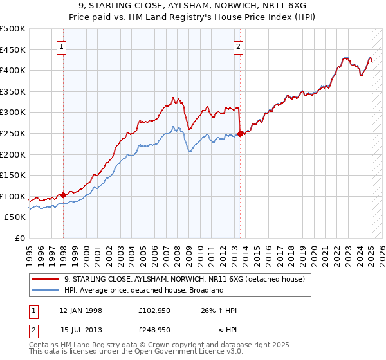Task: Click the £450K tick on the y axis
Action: [13, 50]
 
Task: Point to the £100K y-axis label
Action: [13, 196]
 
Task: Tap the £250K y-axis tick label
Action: [13, 133]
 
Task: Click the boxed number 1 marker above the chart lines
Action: [62, 46]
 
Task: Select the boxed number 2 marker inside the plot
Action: [238, 46]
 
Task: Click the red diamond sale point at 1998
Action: [63, 195]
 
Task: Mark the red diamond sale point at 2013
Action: [240, 134]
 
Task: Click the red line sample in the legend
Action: [46, 279]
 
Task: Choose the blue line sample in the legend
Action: [46, 290]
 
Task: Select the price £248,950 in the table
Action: [154, 329]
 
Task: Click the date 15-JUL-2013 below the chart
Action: [81, 329]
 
